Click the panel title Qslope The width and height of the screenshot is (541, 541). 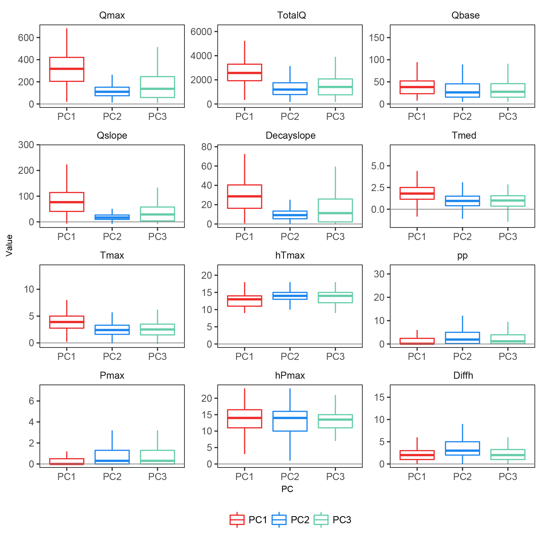(x=112, y=135)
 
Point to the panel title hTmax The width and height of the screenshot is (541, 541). (x=290, y=255)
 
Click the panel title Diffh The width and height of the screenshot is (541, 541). (x=463, y=375)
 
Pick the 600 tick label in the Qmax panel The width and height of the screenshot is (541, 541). (x=26, y=37)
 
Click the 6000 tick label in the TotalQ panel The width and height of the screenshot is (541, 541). (x=201, y=32)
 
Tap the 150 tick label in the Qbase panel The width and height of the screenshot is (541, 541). (x=377, y=37)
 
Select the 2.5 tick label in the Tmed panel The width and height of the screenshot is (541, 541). (x=377, y=187)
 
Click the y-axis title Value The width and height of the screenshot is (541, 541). (x=9, y=245)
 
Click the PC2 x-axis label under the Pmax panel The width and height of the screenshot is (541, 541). (x=112, y=476)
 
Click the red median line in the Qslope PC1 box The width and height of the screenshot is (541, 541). (x=67, y=202)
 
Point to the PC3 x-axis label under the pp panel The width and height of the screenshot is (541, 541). (x=508, y=356)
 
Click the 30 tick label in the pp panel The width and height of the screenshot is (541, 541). (x=379, y=274)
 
